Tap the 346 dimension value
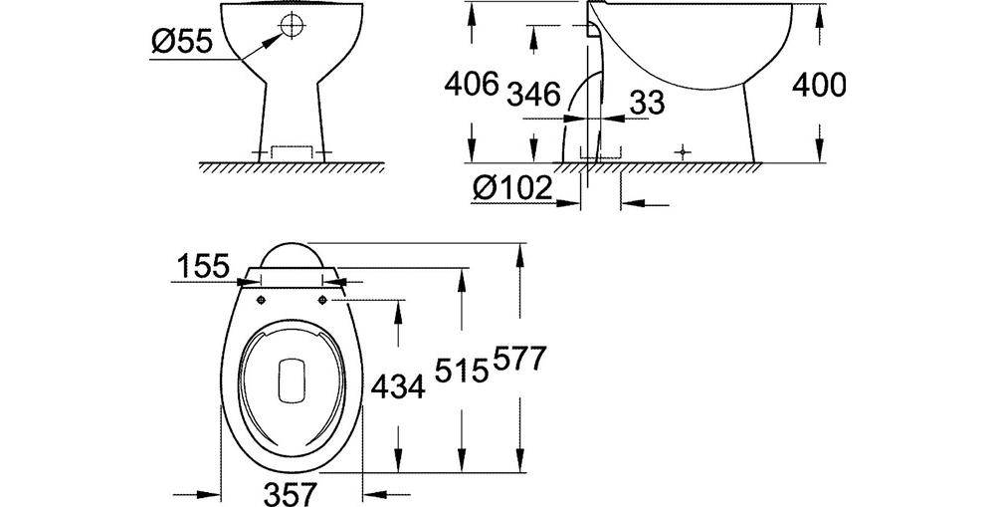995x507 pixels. click(533, 96)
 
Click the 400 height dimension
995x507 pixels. click(818, 86)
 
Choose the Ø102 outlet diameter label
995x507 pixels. click(514, 188)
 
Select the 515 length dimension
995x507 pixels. click(459, 371)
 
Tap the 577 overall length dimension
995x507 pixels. click(517, 359)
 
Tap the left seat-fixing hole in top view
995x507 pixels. click(260, 299)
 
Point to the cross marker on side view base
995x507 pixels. click(682, 152)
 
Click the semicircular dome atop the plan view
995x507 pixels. click(293, 254)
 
